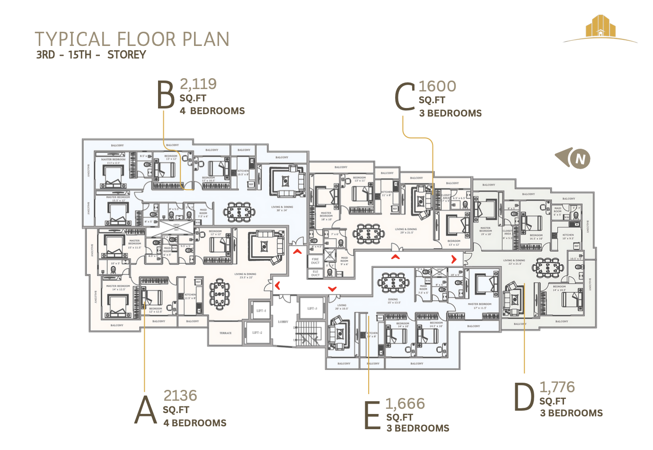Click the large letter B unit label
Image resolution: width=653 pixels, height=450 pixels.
(x=166, y=95)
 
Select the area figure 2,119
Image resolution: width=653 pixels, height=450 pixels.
(x=198, y=84)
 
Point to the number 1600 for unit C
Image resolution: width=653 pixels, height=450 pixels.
(x=437, y=86)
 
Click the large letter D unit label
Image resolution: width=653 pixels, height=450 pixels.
(x=524, y=397)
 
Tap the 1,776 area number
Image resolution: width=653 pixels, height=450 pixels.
(x=557, y=387)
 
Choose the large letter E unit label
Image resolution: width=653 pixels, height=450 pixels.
(x=372, y=415)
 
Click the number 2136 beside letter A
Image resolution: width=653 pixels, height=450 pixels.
(x=180, y=396)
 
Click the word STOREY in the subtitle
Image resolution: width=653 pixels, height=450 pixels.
(x=126, y=55)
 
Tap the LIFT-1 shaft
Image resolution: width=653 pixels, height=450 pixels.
(x=261, y=311)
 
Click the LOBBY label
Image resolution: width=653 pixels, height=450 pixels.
(x=283, y=322)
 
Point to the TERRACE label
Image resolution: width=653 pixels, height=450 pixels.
(x=225, y=333)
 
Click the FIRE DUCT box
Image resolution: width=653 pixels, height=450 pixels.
(x=315, y=261)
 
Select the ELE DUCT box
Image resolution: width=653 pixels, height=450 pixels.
(x=315, y=273)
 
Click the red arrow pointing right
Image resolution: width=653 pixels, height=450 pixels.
(x=454, y=259)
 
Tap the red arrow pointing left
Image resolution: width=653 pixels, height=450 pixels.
(x=278, y=285)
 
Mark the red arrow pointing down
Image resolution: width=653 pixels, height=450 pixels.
(x=332, y=288)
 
